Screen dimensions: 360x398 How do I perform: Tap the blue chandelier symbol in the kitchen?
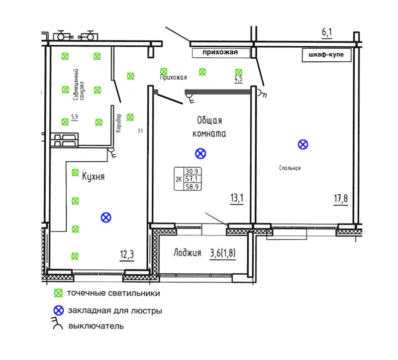click(x=105, y=217)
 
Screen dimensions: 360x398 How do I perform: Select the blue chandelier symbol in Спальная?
click(x=302, y=144)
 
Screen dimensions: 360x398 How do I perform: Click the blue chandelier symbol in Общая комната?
click(x=200, y=153)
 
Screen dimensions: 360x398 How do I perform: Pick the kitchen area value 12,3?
click(x=127, y=255)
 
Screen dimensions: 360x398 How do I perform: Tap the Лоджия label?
click(x=187, y=253)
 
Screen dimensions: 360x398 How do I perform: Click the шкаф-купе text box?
click(x=327, y=55)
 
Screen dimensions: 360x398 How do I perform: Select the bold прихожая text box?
click(x=221, y=52)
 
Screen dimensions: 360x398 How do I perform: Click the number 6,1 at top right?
click(x=327, y=33)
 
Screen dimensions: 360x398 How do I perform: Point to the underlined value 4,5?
click(x=238, y=79)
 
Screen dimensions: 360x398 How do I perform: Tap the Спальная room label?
click(x=290, y=168)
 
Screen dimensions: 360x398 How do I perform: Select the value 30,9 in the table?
click(x=192, y=170)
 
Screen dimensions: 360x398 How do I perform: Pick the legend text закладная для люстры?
click(x=115, y=311)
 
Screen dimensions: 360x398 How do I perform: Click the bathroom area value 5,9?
click(x=75, y=118)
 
